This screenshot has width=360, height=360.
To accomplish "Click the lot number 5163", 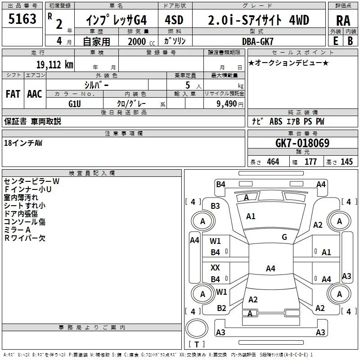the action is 22,19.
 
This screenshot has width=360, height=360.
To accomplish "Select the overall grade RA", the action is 343,21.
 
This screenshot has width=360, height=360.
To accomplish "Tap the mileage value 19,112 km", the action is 54,65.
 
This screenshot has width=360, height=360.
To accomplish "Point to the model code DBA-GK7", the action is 258,41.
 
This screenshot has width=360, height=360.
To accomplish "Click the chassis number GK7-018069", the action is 302,143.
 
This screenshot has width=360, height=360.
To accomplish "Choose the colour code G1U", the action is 75,104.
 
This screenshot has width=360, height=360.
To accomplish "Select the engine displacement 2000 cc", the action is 141,41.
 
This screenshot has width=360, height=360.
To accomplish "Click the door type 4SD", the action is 174,20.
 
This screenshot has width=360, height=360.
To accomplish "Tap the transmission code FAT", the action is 13,94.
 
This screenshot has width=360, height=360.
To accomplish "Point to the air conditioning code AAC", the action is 35,94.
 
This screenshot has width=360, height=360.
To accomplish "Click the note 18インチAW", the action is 23,143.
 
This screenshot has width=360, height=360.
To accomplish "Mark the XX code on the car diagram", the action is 215,267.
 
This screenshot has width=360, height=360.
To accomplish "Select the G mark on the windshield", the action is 284,237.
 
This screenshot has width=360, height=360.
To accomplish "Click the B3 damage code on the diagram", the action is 216,206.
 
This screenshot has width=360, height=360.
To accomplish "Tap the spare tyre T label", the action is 197,344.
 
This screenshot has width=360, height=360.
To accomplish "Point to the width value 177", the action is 310,162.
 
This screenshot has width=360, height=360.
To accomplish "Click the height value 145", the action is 346,162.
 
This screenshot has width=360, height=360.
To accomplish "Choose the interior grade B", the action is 351,41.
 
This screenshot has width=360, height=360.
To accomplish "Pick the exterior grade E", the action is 336,41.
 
